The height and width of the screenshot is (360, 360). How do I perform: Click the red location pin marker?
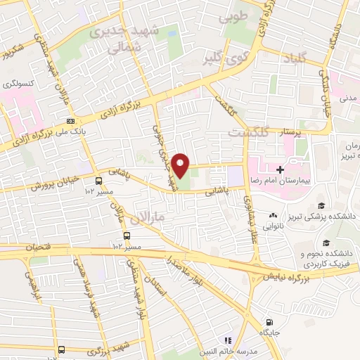tap(181, 165)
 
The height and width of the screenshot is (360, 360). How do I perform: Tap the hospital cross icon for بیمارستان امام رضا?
tap(280, 169)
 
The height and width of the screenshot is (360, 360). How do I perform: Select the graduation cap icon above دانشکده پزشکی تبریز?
tap(321, 205)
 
